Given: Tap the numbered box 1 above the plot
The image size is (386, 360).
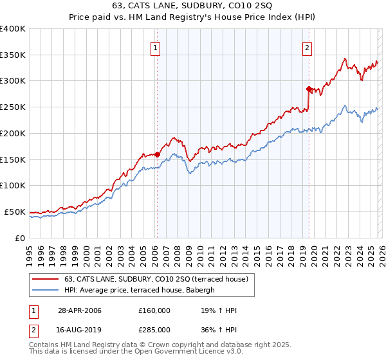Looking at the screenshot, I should [x=156, y=47].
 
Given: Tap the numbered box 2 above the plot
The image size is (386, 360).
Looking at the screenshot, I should [x=308, y=47].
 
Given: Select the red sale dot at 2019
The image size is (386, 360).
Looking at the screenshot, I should [x=309, y=89].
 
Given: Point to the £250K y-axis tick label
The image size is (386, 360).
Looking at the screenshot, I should [x=13, y=107].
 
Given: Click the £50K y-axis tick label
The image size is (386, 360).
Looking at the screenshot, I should [x=15, y=212].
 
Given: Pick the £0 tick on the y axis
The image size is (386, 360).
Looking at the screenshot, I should [x=21, y=238].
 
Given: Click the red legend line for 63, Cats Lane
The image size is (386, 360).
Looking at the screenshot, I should [x=46, y=279].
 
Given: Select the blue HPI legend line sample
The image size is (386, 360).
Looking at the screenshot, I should [x=46, y=290].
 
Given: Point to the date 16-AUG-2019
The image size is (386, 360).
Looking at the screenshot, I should [x=80, y=329].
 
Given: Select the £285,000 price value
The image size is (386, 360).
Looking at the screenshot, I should [x=154, y=329].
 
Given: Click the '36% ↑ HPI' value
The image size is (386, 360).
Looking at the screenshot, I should [x=219, y=329].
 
